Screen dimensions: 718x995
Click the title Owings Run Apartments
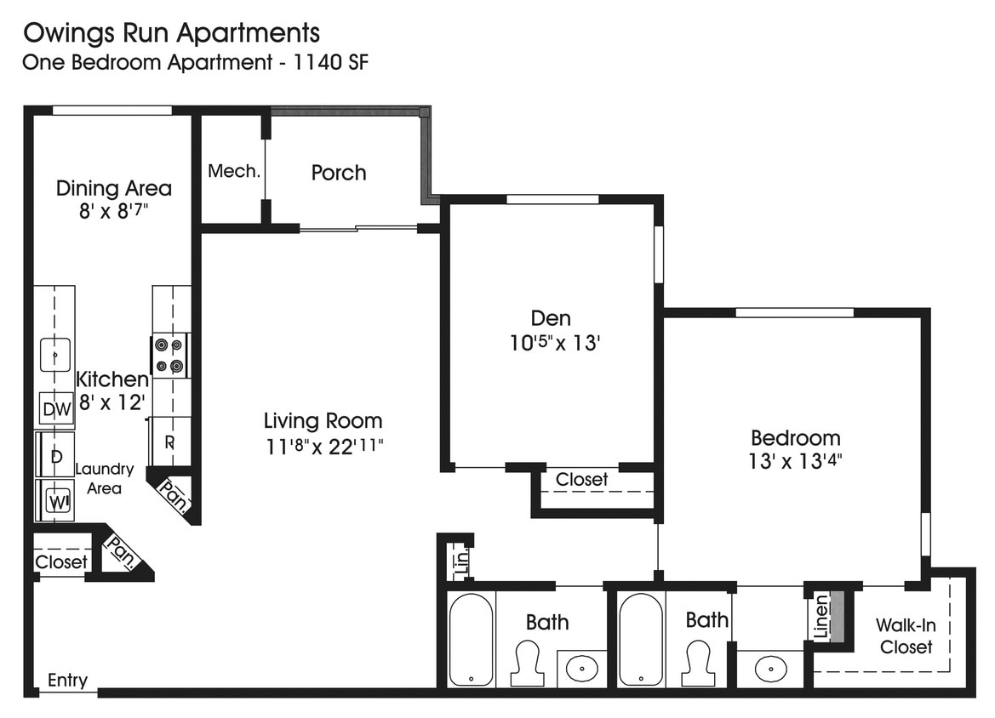[x=171, y=33]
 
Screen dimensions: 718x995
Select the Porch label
[x=339, y=173]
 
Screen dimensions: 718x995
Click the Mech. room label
[x=234, y=171]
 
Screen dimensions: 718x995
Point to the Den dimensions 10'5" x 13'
[x=551, y=343]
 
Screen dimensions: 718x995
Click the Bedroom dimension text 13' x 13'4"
[x=795, y=462]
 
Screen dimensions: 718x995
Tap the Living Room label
[x=323, y=420]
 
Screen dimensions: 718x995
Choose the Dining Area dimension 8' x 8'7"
[x=113, y=212]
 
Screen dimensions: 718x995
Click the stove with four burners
[x=169, y=356]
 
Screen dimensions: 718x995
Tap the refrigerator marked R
[x=169, y=442]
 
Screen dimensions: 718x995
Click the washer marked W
[x=56, y=501]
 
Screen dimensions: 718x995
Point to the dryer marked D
[x=56, y=456]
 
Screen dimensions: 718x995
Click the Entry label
[x=67, y=681]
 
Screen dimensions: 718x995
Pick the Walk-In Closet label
[x=906, y=636]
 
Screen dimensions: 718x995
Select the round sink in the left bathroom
[x=583, y=669]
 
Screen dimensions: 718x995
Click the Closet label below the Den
[x=582, y=480]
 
